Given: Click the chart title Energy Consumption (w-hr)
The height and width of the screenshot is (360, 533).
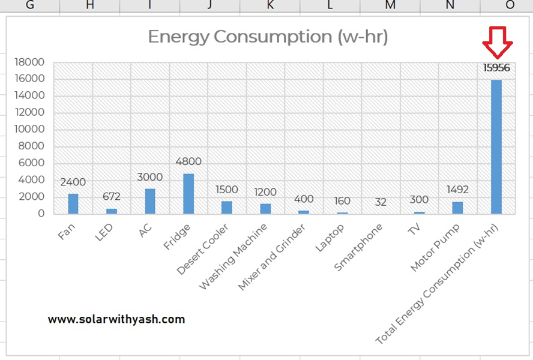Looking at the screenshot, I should click(268, 37).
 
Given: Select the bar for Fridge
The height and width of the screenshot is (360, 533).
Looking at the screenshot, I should click(188, 193).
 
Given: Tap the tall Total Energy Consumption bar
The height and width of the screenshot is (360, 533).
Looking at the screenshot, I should click(496, 146).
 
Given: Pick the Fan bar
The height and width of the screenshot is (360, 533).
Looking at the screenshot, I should click(73, 203).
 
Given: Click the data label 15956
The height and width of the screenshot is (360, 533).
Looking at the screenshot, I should click(496, 68).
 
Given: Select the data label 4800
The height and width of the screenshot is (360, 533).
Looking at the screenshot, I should click(188, 161).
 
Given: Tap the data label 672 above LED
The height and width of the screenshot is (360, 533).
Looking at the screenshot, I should click(112, 196).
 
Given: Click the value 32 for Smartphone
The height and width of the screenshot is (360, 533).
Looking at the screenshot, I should click(381, 202).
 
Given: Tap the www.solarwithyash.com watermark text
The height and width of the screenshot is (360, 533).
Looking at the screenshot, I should click(116, 319).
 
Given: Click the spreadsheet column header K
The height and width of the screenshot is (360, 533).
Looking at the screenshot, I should click(270, 5).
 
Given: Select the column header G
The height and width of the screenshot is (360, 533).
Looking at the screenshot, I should click(30, 5).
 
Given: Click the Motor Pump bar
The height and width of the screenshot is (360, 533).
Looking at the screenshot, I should click(457, 207).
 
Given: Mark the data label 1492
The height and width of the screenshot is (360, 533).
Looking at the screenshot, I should click(457, 190).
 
